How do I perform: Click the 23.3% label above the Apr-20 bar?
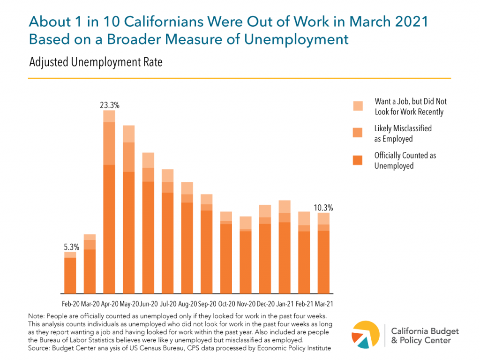(109, 105)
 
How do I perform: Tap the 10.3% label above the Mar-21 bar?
(323, 208)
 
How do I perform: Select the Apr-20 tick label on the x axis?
(109, 304)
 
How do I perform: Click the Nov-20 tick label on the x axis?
(246, 304)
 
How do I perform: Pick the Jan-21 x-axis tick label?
(285, 304)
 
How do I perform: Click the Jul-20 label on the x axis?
(167, 304)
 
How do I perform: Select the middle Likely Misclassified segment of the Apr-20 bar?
(109, 143)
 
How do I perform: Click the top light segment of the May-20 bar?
(128, 134)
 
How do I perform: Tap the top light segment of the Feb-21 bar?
(304, 218)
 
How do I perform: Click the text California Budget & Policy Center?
(425, 336)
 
